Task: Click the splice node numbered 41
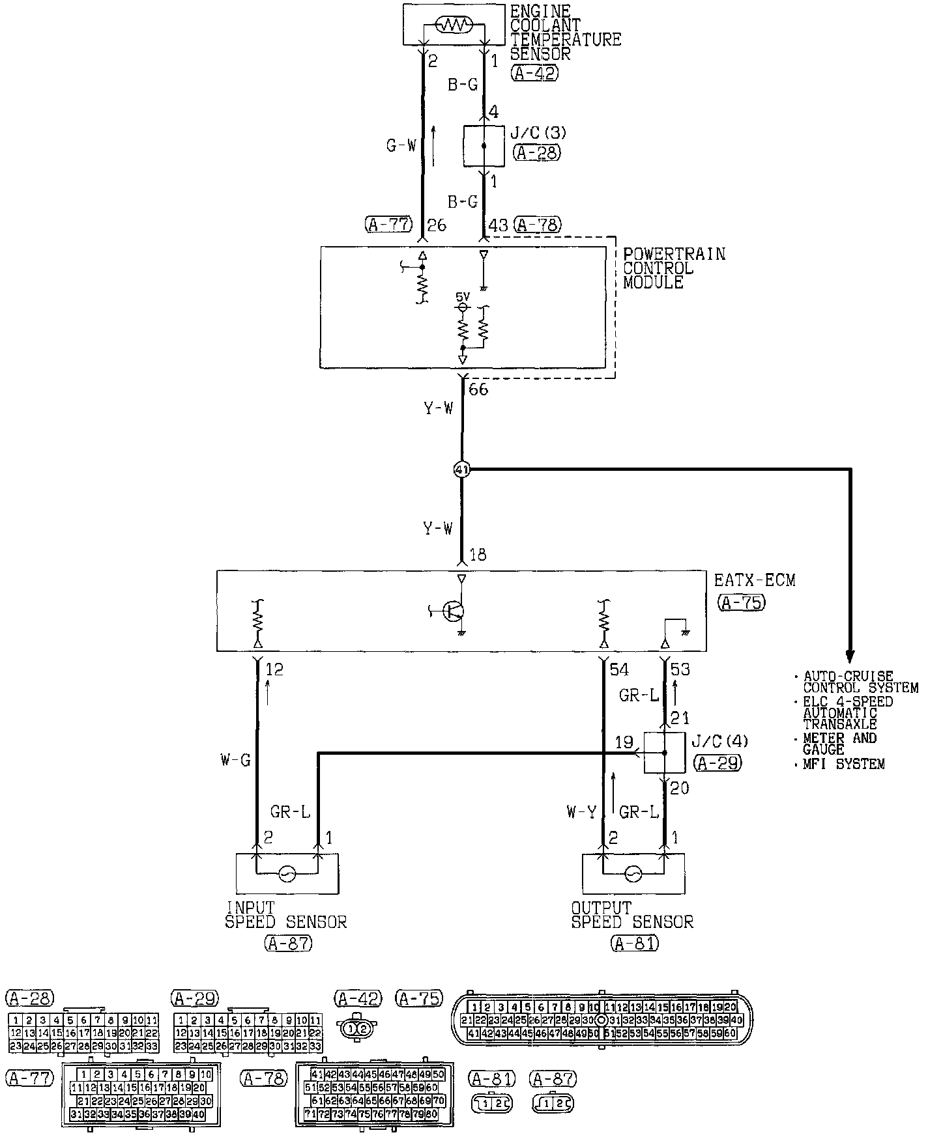pos(461,470)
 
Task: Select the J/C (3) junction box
pos(484,146)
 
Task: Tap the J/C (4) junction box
pos(664,753)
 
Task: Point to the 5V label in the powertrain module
pos(463,296)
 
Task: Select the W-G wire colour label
pos(236,760)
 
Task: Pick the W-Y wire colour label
pos(581,812)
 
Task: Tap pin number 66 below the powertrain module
pos(478,389)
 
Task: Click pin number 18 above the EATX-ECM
pos(478,555)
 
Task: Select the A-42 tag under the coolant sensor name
pos(534,73)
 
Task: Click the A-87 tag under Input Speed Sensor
pos(287,942)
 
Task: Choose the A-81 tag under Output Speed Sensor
pos(634,942)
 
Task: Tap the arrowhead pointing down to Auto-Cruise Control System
pos(849,654)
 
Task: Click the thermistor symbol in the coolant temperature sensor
pos(452,25)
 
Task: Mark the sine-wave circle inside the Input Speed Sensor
pos(287,873)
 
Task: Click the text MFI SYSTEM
pos(844,765)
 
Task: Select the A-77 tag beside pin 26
pos(389,225)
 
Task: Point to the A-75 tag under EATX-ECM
pos(742,602)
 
